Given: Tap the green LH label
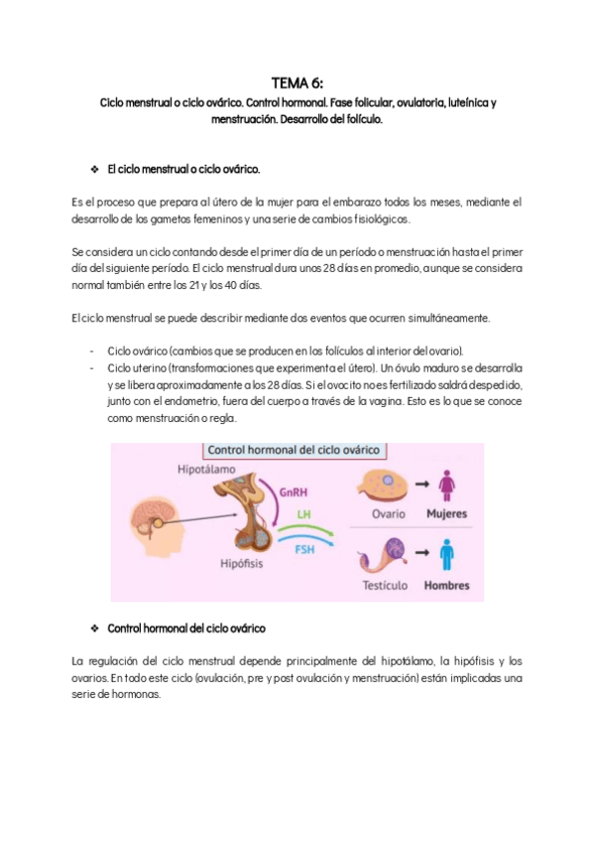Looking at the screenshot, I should (305, 515).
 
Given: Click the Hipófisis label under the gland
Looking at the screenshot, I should (242, 562).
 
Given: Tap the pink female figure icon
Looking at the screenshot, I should (447, 486).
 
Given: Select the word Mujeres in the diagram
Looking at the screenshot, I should (446, 514).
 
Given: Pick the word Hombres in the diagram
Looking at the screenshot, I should (446, 585).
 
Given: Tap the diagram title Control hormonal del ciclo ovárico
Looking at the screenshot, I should (292, 449).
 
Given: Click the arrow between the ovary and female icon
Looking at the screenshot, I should (420, 485).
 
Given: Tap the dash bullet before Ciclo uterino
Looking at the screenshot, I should (91, 367).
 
